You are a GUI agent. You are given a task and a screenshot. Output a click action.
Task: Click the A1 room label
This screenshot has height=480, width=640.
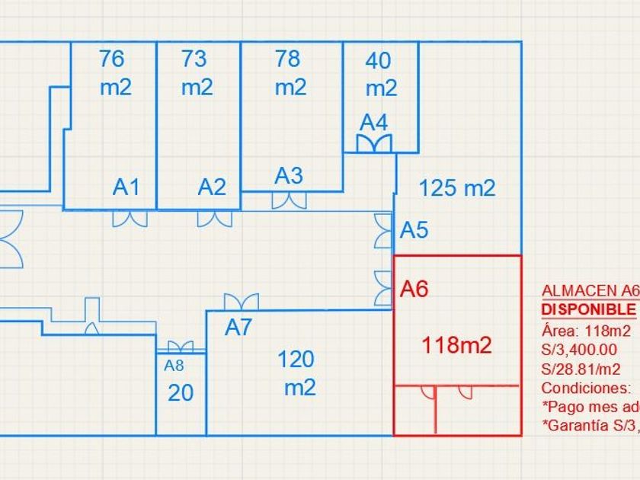pos(126,187)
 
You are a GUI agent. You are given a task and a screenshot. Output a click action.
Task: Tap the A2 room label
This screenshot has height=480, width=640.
pos(212,187)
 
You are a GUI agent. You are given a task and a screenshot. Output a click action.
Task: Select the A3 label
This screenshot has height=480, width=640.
pos(289,176)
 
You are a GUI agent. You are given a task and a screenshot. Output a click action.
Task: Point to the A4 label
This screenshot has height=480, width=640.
pos(374,122)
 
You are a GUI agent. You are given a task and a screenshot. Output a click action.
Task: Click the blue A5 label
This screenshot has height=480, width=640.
pos(414,229)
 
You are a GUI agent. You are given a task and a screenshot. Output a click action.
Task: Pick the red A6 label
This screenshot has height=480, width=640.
pos(414,289)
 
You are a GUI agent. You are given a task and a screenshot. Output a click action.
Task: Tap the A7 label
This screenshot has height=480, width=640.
pos(238,328)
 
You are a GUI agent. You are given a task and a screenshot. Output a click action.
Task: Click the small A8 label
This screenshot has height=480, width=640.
pos(174,366)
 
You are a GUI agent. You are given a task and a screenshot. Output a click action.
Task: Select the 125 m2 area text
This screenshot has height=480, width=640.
pos(457,187)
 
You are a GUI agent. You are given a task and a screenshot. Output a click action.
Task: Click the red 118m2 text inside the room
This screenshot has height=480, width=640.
pos(457,345)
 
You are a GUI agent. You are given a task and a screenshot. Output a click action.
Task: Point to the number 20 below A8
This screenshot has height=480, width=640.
pos(180,393)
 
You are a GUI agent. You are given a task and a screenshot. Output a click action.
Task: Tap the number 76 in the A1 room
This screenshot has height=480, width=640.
pos(111,59)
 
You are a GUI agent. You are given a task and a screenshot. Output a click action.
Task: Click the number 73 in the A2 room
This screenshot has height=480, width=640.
pos(195,59)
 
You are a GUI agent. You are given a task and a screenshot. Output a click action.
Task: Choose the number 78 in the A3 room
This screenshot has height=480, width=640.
pos(288,59)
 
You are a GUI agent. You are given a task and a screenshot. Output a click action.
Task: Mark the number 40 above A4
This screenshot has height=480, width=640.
pos(379,60)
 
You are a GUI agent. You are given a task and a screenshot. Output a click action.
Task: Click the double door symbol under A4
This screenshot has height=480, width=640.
pos(374,143)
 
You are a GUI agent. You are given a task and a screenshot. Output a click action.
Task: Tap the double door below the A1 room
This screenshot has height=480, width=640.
pos(130,219)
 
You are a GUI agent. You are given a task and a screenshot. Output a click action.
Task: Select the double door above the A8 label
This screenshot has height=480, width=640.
pos(180,347)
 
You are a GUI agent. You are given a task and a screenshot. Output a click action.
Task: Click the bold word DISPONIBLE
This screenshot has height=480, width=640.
pos(588,310)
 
